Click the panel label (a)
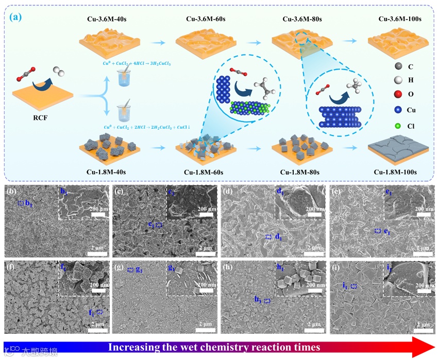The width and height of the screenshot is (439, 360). tap(16, 16)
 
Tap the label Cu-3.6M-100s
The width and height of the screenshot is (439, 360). tap(400, 19)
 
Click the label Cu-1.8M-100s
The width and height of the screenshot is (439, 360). tap(400, 171)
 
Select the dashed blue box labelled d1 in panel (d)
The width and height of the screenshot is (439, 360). tap(268, 237)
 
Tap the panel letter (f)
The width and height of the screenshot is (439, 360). tap(9, 267)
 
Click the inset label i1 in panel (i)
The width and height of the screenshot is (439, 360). tap(389, 267)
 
